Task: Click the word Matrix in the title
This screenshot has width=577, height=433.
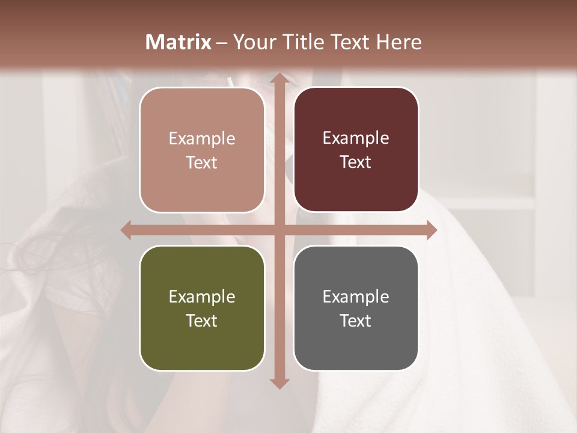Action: coord(179,42)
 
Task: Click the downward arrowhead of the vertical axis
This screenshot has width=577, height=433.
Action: coord(279,382)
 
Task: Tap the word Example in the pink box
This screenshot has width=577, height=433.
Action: coord(202,139)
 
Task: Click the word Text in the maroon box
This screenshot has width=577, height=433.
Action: coord(356,162)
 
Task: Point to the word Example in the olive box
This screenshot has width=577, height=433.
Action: coord(202,297)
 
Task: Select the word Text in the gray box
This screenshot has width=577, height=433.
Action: coord(356,321)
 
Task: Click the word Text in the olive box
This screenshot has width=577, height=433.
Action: coord(202,321)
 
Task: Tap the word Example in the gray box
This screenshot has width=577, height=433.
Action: coord(356,297)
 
